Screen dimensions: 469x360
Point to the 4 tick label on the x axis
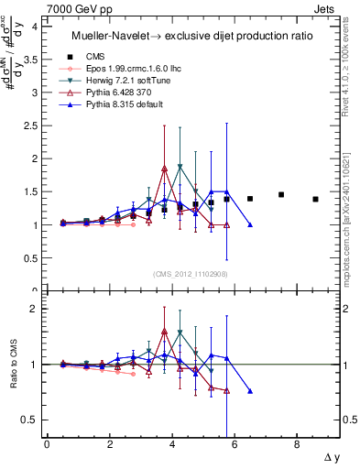172,445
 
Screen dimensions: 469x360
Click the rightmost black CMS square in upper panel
315,199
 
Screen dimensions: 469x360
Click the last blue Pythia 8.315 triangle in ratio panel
250,391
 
